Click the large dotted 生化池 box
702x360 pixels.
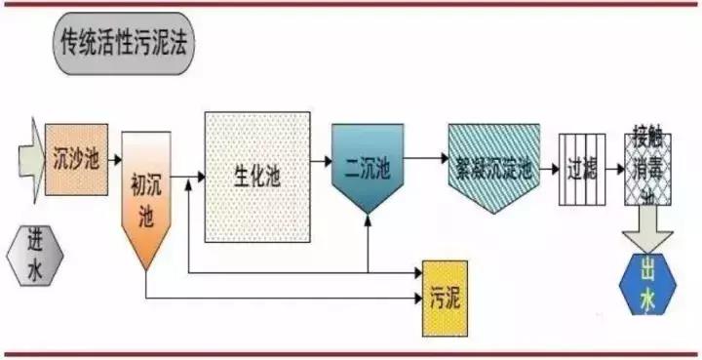[x=256, y=177]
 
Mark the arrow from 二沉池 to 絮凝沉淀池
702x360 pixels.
[x=425, y=156]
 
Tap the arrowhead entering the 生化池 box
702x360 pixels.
[x=198, y=177]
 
